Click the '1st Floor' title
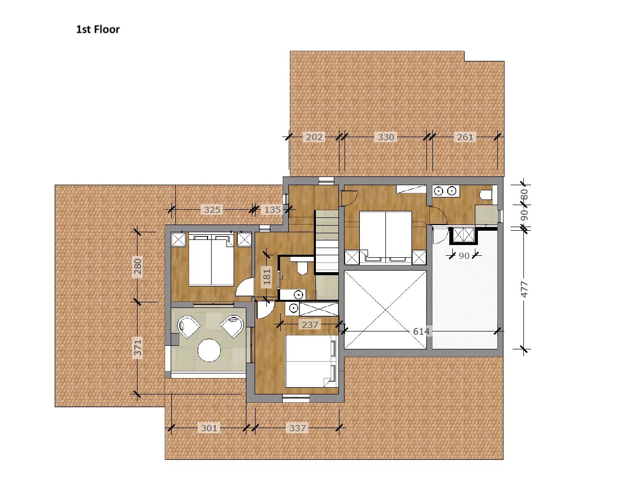click(98, 29)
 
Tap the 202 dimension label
click(314, 137)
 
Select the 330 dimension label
click(385, 137)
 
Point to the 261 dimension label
click(465, 137)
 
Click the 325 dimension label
click(212, 210)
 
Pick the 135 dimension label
click(272, 210)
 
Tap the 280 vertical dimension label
click(137, 266)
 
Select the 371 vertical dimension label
click(137, 347)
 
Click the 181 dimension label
click(266, 277)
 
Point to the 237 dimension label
click(309, 324)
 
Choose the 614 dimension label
click(421, 331)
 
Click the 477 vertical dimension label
click(524, 289)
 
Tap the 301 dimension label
click(209, 428)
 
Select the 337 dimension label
click(297, 428)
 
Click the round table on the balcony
click(209, 350)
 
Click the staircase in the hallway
click(326, 241)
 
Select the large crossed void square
click(385, 309)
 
